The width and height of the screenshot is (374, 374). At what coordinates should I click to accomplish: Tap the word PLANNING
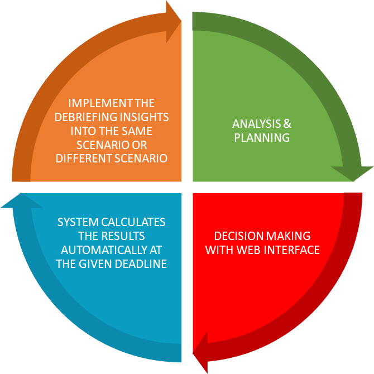[262, 137]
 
